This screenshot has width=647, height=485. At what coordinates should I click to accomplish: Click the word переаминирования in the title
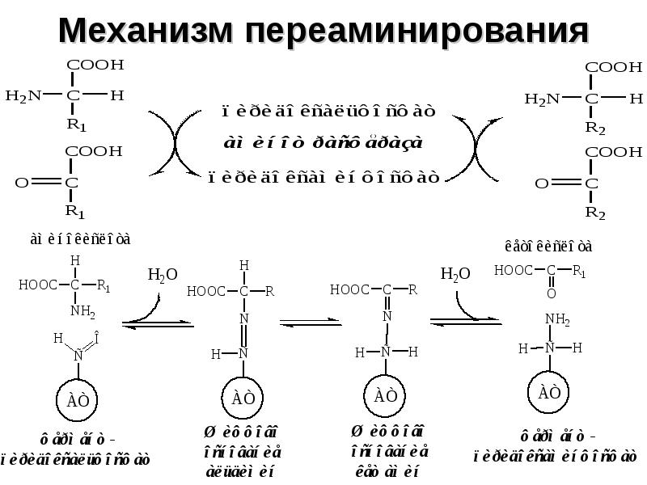click(x=414, y=30)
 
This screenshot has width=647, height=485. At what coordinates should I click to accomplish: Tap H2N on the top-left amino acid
click(x=23, y=96)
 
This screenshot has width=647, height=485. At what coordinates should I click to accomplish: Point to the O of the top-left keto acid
click(x=22, y=183)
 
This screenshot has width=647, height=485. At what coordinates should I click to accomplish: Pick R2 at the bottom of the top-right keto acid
click(x=595, y=213)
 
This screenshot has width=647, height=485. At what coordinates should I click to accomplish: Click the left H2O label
click(x=161, y=275)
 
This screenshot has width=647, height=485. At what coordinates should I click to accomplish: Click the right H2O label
click(x=455, y=275)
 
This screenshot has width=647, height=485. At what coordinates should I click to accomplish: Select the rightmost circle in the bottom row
click(x=549, y=394)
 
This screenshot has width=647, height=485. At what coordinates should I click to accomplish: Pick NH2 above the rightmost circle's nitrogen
click(x=557, y=320)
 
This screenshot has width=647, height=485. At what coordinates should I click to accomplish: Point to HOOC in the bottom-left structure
click(x=37, y=284)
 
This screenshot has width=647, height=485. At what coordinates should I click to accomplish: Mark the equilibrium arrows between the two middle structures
click(x=311, y=323)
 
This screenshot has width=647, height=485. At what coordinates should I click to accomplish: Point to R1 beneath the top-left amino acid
click(x=76, y=124)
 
